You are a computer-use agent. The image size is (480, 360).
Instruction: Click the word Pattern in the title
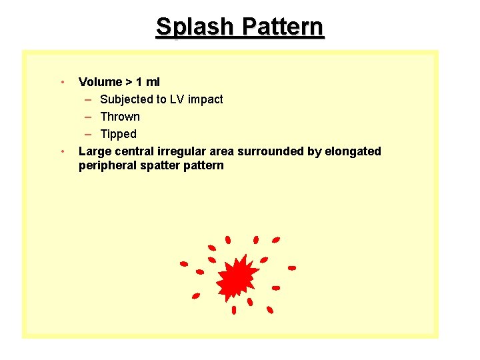pos(283,27)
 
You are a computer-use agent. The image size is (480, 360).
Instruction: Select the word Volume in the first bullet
pos(100,82)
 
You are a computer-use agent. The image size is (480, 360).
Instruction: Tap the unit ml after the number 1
pos(153,82)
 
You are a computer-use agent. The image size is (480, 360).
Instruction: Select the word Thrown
pos(120,117)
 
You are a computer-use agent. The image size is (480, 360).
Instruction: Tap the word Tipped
pos(118,134)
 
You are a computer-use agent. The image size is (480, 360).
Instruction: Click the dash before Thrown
pos(89,117)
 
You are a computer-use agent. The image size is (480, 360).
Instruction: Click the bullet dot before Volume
pos(61,82)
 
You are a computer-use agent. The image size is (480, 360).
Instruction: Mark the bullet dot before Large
pos(61,151)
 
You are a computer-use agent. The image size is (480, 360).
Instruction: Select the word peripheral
pos(107,165)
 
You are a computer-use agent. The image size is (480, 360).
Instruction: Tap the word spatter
pos(159,165)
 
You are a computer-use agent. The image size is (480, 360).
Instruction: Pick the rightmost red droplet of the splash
pos(291,268)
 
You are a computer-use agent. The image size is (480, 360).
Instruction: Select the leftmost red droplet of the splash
pos(184,263)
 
